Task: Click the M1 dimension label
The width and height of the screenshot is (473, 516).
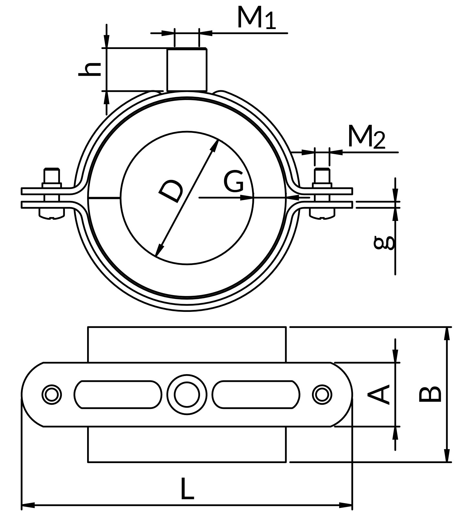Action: [x=257, y=18]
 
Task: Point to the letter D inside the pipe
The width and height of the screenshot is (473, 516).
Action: [x=171, y=192]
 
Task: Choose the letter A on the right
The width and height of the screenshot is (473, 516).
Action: [x=379, y=394]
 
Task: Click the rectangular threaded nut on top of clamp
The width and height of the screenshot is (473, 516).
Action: [x=187, y=69]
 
